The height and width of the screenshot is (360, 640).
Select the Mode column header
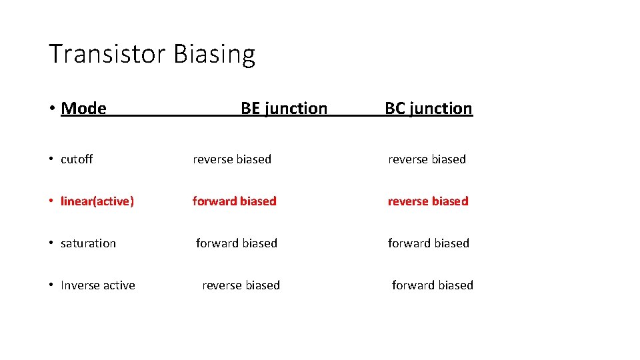pyautogui.click(x=83, y=108)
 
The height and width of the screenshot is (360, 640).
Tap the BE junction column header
pyautogui.click(x=284, y=108)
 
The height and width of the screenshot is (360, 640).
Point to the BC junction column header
pyautogui.click(x=429, y=108)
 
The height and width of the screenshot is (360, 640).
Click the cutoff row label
pyautogui.click(x=77, y=159)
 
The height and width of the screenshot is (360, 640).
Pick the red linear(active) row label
pyautogui.click(x=97, y=201)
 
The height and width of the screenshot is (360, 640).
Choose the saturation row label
pyautogui.click(x=88, y=243)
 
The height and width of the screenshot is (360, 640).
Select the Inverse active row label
pyautogui.click(x=98, y=285)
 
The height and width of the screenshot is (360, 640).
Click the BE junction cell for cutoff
pyautogui.click(x=232, y=159)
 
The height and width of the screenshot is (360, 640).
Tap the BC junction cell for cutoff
pyautogui.click(x=427, y=159)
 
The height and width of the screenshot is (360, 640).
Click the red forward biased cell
pyautogui.click(x=234, y=201)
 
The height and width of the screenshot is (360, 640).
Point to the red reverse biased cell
pyautogui.click(x=428, y=201)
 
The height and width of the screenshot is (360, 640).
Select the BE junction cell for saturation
pyautogui.click(x=237, y=243)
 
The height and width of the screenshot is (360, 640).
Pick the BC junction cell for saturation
pyautogui.click(x=429, y=243)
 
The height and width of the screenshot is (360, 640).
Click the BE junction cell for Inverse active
pyautogui.click(x=241, y=285)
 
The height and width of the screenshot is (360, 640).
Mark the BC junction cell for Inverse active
pyautogui.click(x=433, y=285)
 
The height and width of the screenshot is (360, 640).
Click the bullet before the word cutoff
pyautogui.click(x=51, y=159)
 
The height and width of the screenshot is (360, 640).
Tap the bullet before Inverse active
pyautogui.click(x=51, y=285)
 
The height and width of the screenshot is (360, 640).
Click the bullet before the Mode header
pyautogui.click(x=51, y=108)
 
